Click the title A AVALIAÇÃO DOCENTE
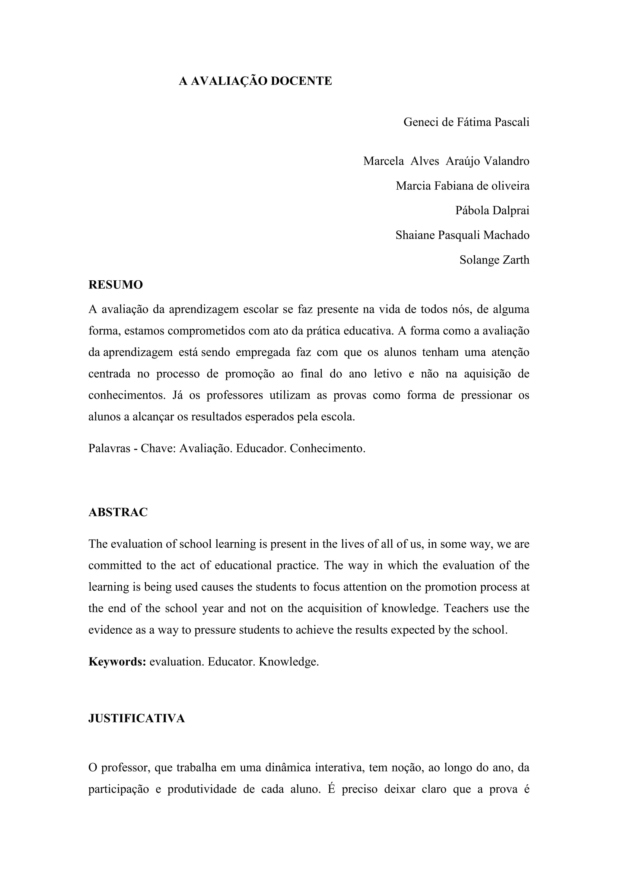point(255,81)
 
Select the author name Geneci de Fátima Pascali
point(466,122)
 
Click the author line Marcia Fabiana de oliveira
point(462,186)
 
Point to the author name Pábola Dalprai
point(492,211)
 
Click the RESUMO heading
point(116,285)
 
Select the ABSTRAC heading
point(118,512)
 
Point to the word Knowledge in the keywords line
point(288,662)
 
